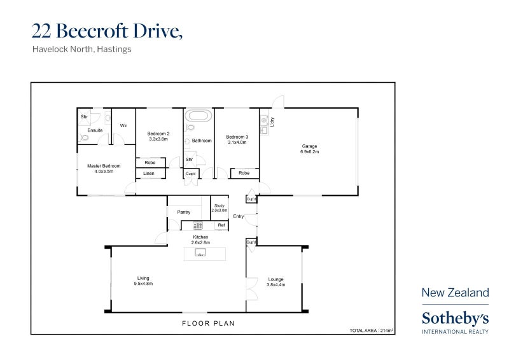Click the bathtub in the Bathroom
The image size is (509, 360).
click(x=199, y=116)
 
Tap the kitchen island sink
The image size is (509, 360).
click(x=200, y=253)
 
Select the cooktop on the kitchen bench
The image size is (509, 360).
click(x=198, y=225)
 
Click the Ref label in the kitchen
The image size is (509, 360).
click(x=221, y=225)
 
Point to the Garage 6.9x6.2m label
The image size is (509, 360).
click(x=309, y=149)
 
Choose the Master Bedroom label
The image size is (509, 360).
click(x=104, y=169)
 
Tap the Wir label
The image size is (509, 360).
click(x=123, y=126)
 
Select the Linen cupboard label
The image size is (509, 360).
click(x=149, y=173)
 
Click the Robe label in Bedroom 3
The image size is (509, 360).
click(x=244, y=173)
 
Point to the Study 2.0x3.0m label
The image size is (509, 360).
click(x=219, y=208)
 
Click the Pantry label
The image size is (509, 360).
click(x=184, y=212)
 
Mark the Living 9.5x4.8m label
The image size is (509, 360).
click(x=144, y=280)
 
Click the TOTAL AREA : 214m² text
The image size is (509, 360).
click(x=371, y=330)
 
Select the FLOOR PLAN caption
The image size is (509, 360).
click(x=208, y=323)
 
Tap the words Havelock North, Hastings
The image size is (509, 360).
click(x=81, y=49)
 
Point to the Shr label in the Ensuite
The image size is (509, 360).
click(x=84, y=117)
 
